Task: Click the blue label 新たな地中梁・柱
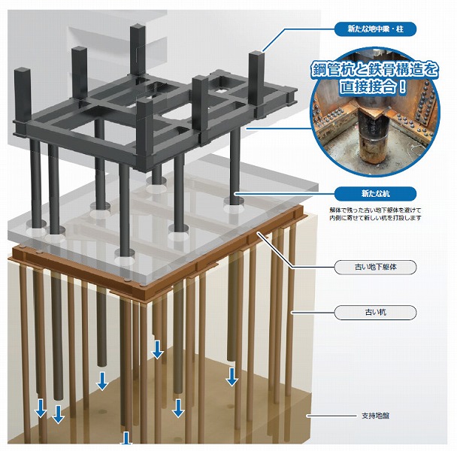click(375, 29)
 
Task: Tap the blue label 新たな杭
click(375, 194)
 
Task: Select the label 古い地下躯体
click(375, 267)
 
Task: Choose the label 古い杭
click(375, 313)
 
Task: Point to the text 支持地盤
click(375, 416)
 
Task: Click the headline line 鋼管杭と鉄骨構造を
click(375, 69)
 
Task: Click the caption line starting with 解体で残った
click(375, 210)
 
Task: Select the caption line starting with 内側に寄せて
click(375, 218)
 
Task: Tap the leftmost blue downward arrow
click(41, 408)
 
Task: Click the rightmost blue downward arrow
click(232, 377)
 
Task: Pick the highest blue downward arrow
click(157, 350)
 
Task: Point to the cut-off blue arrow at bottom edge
click(126, 438)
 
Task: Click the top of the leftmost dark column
click(23, 71)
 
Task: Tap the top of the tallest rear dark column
click(138, 27)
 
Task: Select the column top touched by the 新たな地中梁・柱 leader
click(256, 53)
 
